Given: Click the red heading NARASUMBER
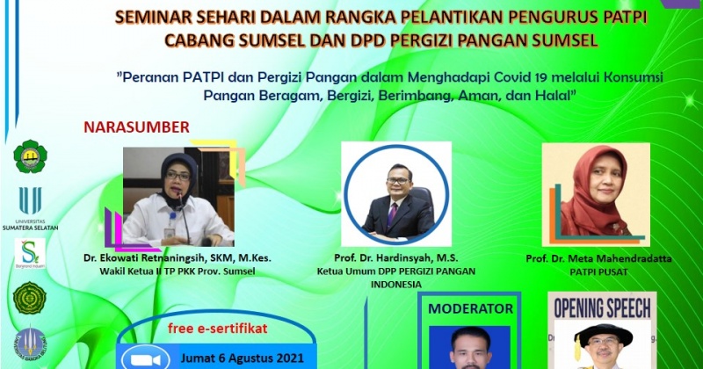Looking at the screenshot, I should click(x=136, y=127).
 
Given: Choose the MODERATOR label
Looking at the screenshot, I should click(x=470, y=309).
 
